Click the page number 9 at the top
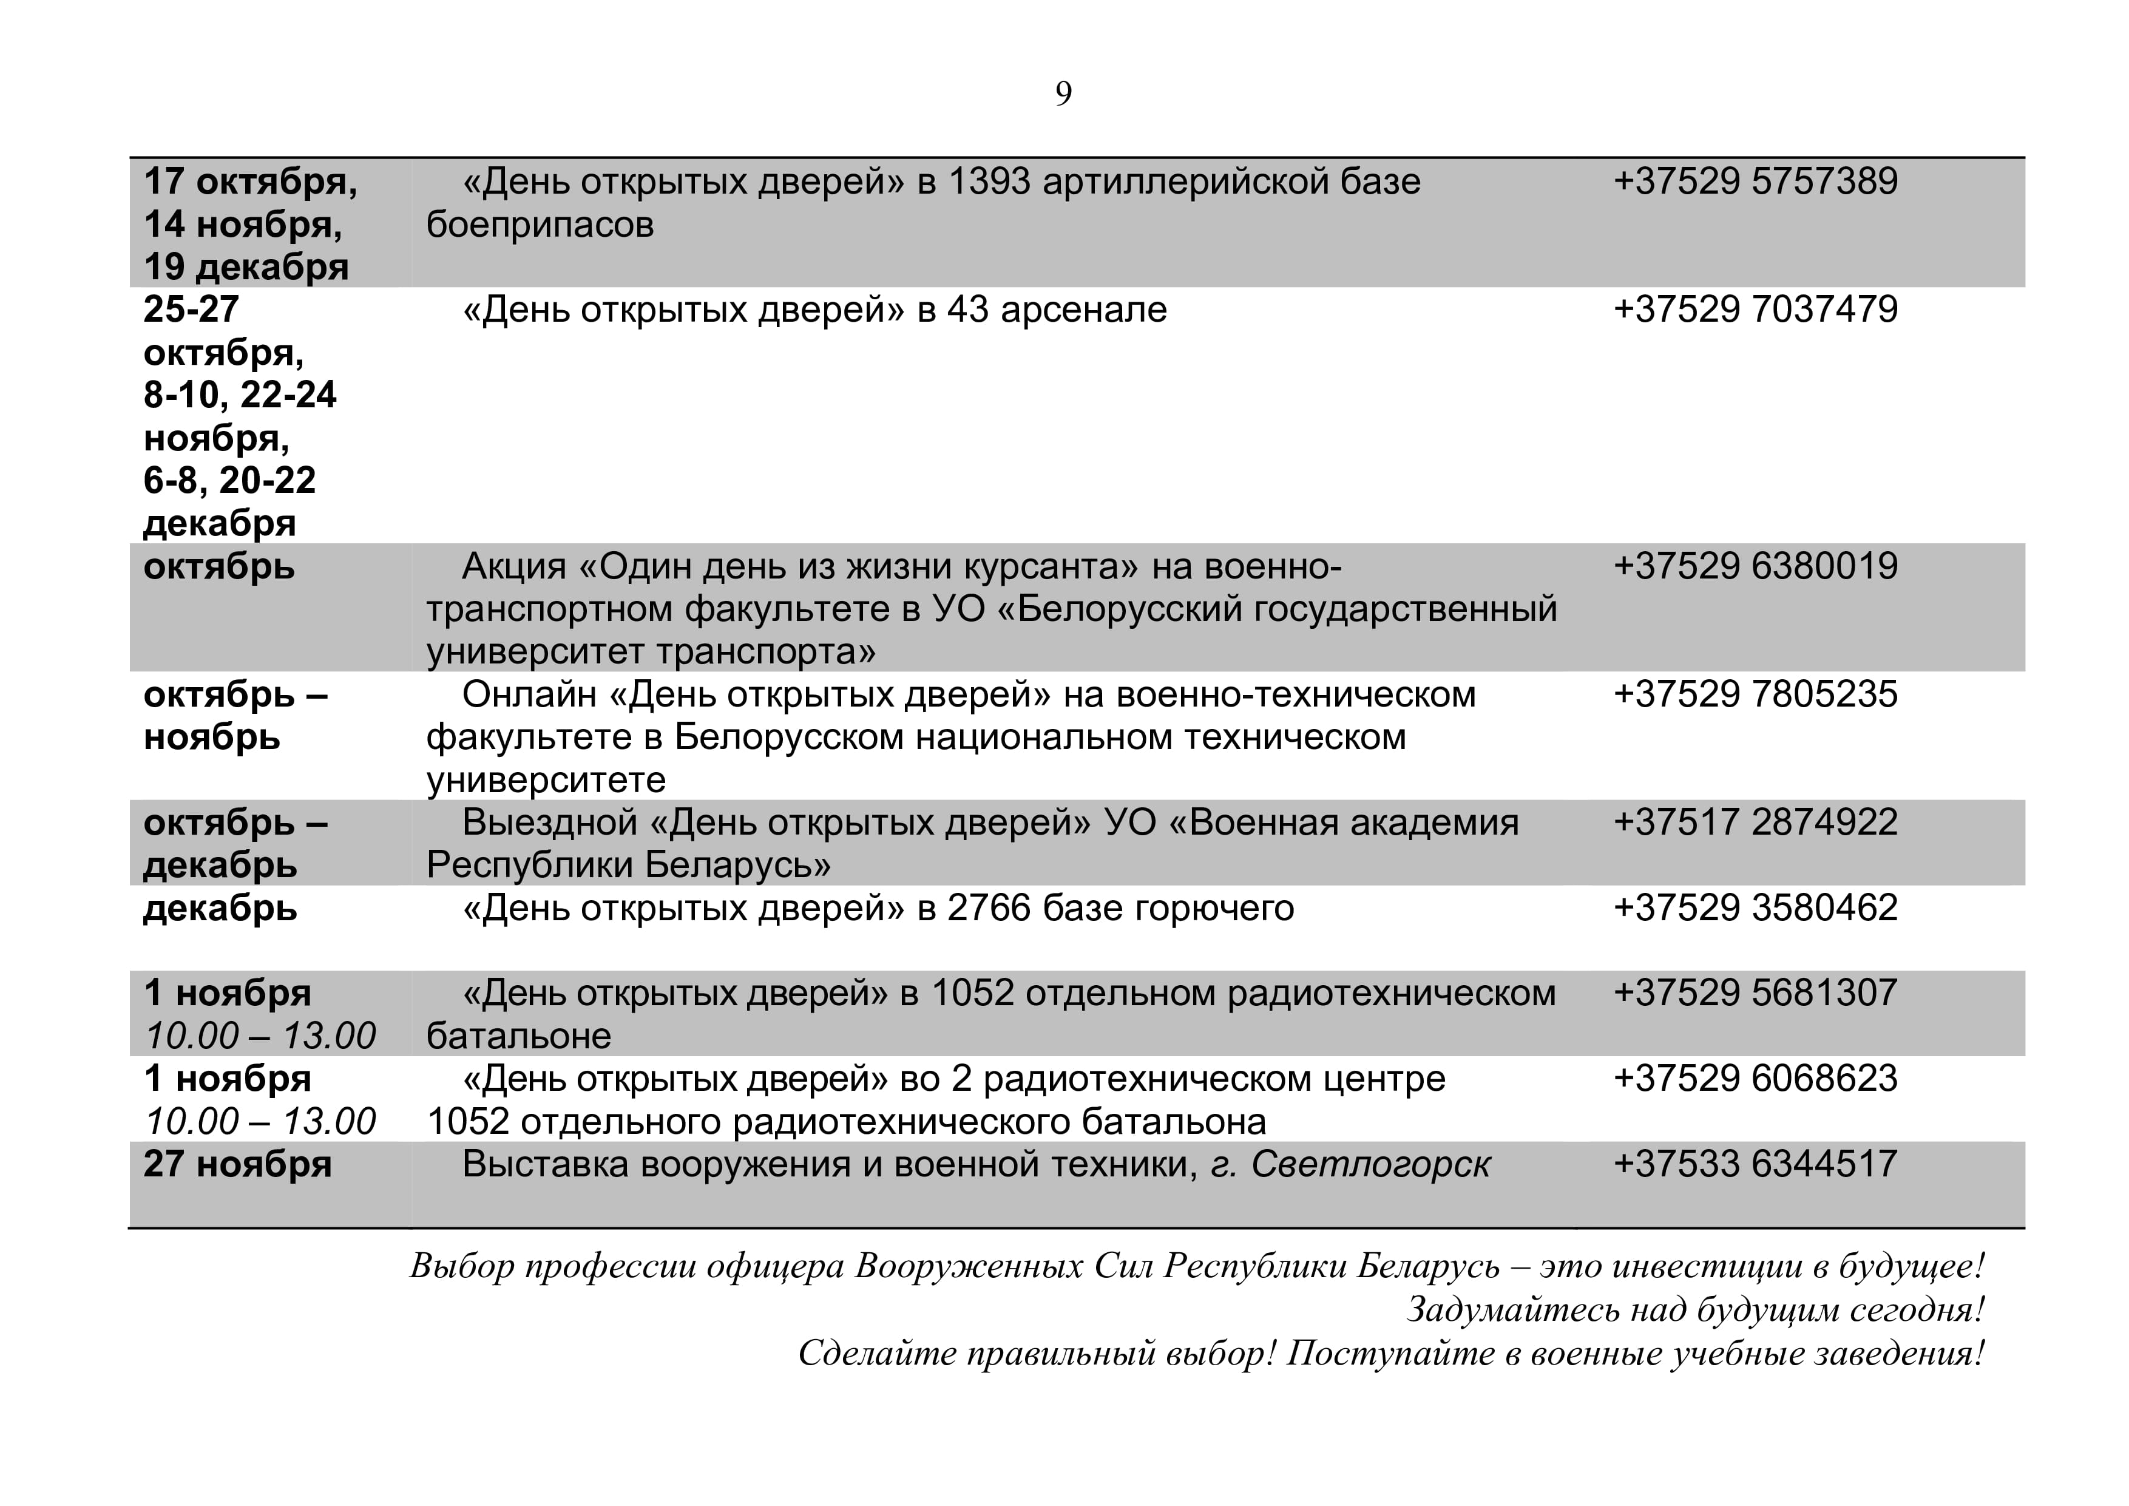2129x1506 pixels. click(1063, 93)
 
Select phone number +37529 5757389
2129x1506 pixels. click(1755, 181)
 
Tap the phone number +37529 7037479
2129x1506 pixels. click(1755, 310)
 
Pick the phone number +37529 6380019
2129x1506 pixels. click(1755, 566)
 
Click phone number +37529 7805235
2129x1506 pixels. click(1755, 694)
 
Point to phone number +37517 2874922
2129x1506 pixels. click(1755, 823)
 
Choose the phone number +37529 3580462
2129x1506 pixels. click(1755, 908)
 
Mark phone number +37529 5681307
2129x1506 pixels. click(1755, 993)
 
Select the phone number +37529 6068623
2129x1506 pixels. click(1755, 1079)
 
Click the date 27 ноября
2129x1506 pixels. click(237, 1165)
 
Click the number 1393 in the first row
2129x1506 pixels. click(989, 181)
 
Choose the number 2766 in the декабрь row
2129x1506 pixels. click(989, 908)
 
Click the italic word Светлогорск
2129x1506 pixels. click(1370, 1165)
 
